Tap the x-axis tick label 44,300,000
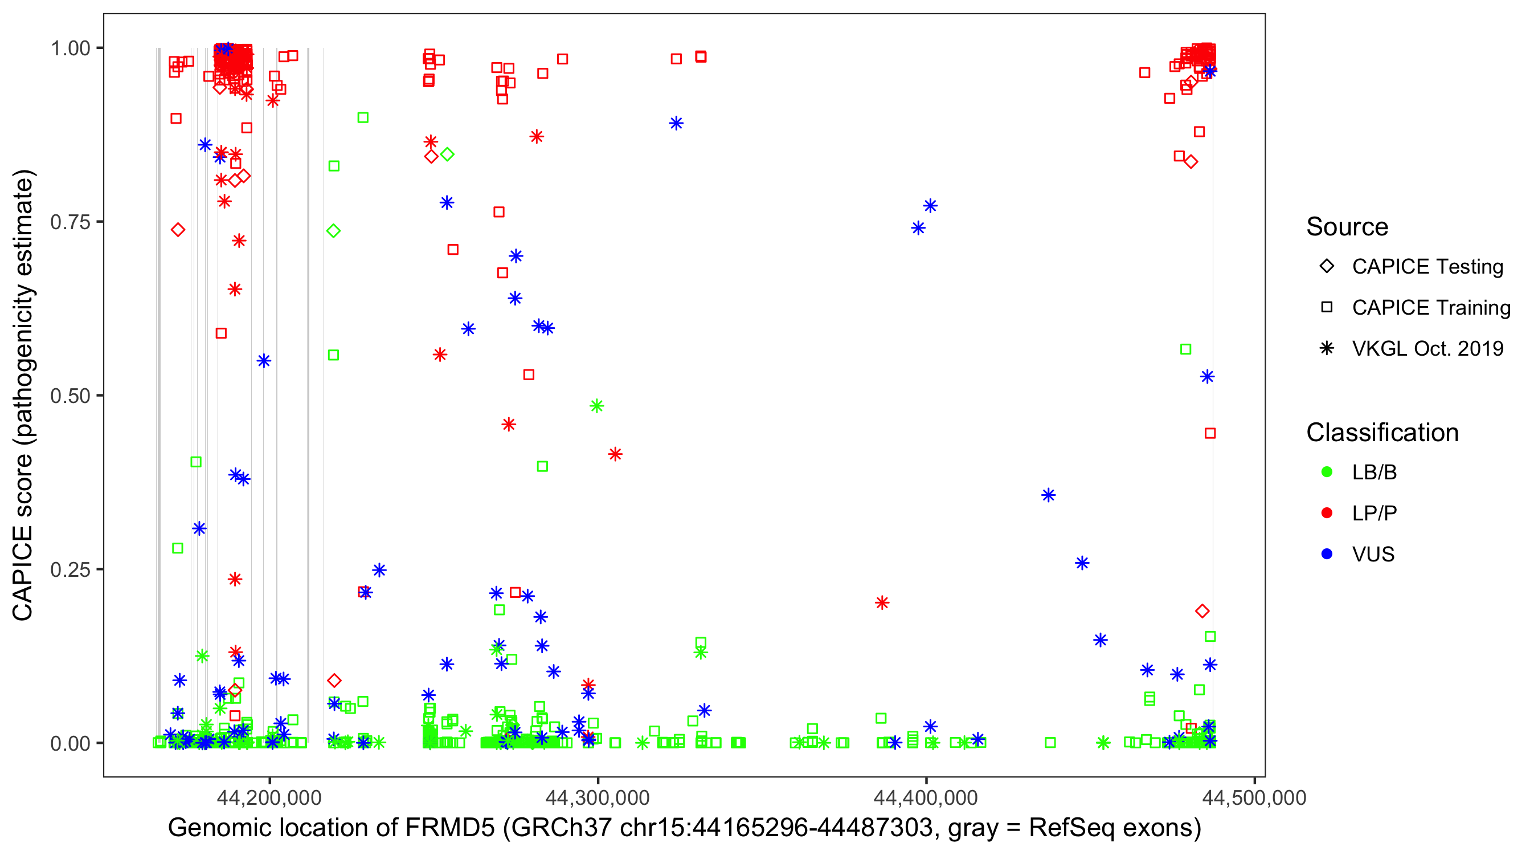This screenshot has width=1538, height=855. pos(598,797)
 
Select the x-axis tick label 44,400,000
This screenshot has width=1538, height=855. pos(926,797)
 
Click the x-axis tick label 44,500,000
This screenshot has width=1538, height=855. pos(1254,797)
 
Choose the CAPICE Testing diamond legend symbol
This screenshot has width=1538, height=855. pos(1327,267)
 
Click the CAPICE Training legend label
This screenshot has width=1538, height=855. pos(1431,308)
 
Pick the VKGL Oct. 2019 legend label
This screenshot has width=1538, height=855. pos(1427,349)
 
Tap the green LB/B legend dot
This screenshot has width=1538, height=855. pos(1327,473)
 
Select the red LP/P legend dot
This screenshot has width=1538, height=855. pos(1327,513)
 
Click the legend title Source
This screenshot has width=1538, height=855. pos(1347,227)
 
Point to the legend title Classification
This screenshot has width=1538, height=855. pos(1382,433)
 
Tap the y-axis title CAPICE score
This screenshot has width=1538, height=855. pos(24,538)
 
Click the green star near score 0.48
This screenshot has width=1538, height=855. pos(596,406)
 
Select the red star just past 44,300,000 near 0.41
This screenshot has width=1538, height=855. pos(615,455)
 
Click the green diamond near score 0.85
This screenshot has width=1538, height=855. pos(447,154)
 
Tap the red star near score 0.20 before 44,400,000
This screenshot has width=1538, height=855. pos(882,603)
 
